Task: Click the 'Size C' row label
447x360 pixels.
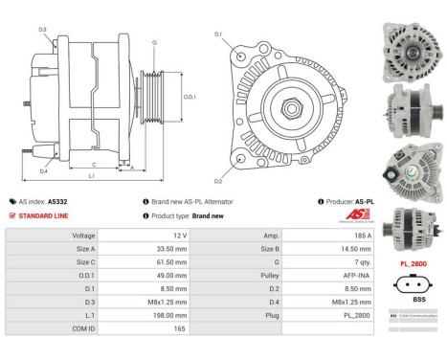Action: coord(85,261)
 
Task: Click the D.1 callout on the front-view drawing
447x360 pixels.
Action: coord(218,34)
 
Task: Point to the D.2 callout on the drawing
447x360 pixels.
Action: coord(217,181)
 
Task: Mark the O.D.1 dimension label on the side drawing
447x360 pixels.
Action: coord(190,97)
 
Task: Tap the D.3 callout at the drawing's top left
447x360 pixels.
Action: coord(43,31)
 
